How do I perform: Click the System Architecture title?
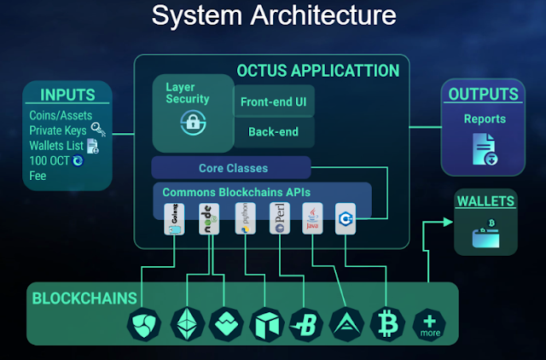click(273, 15)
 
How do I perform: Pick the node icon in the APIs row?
click(207, 218)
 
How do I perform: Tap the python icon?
click(244, 218)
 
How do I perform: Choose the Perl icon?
click(278, 218)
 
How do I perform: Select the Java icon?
click(312, 218)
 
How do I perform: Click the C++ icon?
click(345, 218)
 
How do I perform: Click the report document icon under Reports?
click(483, 148)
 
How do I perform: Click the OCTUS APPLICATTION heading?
click(317, 70)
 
